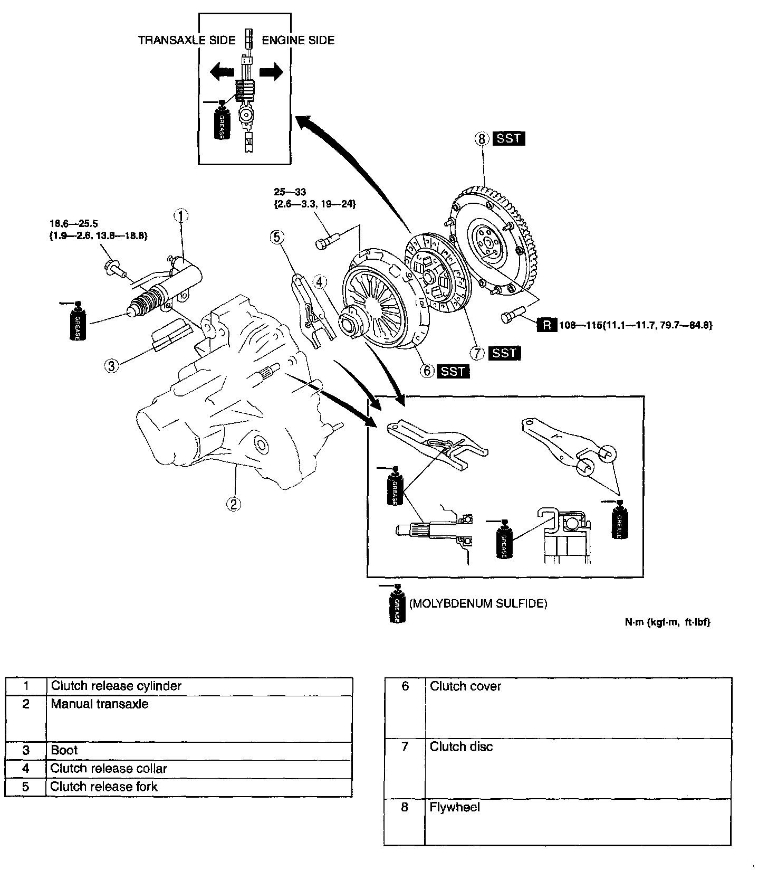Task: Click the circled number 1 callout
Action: pos(181,215)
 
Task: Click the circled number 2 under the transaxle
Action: pos(233,504)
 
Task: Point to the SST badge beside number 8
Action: pos(508,139)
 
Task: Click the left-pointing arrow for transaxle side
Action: pos(222,72)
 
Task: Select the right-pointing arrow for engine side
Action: pos(271,72)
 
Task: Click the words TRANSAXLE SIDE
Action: pos(187,41)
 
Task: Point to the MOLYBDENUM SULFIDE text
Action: pos(478,603)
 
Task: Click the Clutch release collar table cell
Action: pos(108,768)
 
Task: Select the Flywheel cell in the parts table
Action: pos(455,807)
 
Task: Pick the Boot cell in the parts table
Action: pos(64,750)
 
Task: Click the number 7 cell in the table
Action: pos(405,747)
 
